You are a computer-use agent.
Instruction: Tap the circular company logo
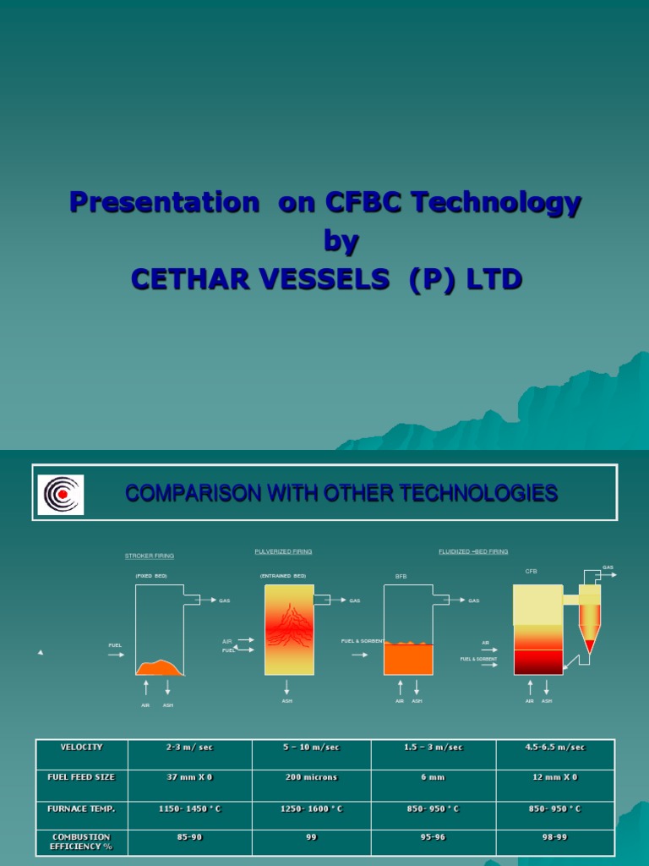(x=60, y=495)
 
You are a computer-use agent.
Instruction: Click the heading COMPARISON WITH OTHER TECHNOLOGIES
(x=341, y=493)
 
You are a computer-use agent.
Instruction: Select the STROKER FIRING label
(x=150, y=556)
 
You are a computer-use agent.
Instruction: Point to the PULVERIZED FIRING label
(x=283, y=551)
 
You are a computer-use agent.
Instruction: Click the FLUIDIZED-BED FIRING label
(x=473, y=551)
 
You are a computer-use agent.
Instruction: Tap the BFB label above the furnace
(x=401, y=576)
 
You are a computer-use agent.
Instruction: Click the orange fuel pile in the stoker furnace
(x=160, y=668)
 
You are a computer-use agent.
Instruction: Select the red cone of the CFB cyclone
(x=590, y=646)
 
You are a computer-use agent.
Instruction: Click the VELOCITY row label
(x=82, y=748)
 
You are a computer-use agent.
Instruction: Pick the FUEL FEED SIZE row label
(x=82, y=777)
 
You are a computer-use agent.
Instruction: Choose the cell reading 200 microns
(x=312, y=777)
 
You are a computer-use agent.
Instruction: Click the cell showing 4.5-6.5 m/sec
(x=554, y=748)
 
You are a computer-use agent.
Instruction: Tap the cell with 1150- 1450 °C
(x=190, y=809)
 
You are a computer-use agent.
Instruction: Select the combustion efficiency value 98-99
(x=554, y=837)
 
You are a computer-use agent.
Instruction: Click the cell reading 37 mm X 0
(x=190, y=777)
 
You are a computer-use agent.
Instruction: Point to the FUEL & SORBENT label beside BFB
(x=363, y=641)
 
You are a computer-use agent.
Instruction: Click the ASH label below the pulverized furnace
(x=287, y=701)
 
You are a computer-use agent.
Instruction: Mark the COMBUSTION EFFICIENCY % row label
(x=82, y=841)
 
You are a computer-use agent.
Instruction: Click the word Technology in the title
(x=510, y=203)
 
